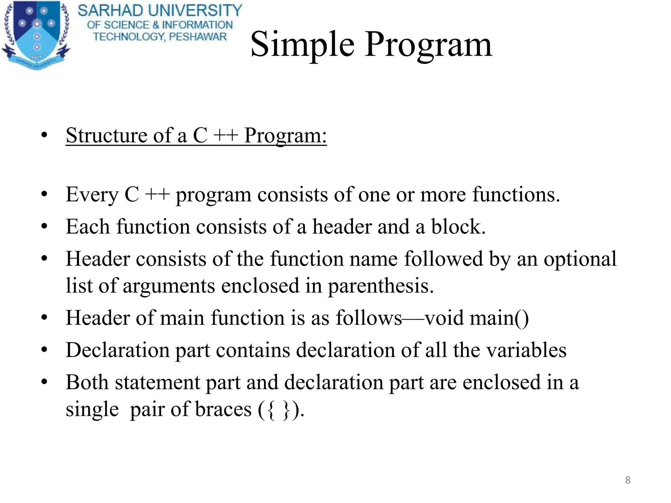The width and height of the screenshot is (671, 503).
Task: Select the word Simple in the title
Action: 302,45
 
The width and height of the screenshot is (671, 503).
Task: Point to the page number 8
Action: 627,480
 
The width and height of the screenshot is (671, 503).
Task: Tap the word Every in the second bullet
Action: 92,195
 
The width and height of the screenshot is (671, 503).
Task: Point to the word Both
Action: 87,382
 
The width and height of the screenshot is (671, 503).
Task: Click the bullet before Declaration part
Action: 45,350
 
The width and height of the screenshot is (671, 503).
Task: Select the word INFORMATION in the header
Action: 197,25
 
